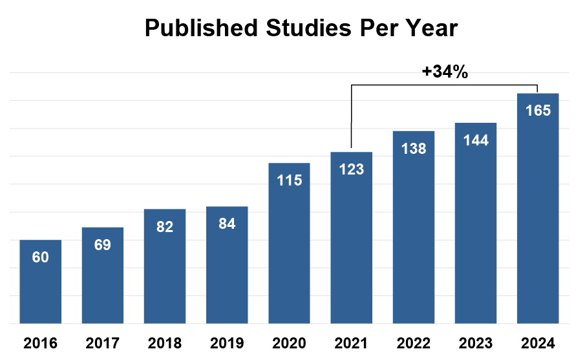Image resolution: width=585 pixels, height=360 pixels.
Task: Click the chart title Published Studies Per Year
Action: [301, 28]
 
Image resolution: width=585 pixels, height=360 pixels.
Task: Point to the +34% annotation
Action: [445, 72]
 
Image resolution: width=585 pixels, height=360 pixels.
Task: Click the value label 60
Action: [40, 257]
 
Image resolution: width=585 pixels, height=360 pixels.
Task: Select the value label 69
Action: [102, 245]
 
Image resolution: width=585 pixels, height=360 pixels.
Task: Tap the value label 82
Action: [165, 227]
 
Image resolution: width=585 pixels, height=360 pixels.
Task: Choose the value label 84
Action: [227, 224]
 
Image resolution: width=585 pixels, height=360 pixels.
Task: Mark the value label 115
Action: [289, 180]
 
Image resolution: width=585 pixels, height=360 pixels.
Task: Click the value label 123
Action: [351, 170]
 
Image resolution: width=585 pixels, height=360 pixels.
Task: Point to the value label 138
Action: [414, 149]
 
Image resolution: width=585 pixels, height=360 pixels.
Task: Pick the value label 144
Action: [476, 140]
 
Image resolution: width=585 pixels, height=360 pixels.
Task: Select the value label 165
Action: [538, 111]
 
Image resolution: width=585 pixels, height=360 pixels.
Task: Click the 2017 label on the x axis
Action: [102, 343]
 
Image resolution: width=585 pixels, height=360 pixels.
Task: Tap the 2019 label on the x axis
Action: [227, 343]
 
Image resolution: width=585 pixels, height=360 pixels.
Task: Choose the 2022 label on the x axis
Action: [414, 343]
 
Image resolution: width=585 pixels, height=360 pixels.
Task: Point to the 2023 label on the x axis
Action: [476, 343]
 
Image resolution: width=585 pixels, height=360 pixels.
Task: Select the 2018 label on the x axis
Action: [165, 343]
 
